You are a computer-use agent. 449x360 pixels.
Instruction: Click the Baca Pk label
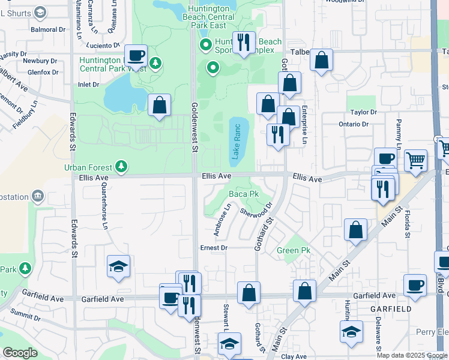coord(244,194)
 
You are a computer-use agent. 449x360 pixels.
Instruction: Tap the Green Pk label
coord(294,250)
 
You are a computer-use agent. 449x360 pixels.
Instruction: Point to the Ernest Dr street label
coord(214,247)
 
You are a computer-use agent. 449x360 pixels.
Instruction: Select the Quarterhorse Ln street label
coord(103,206)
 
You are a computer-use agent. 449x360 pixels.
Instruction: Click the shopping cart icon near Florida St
coord(415,160)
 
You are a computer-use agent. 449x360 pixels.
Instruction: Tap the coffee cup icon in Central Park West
coord(136,55)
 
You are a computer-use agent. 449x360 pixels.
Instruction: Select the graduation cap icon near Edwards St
coord(118,266)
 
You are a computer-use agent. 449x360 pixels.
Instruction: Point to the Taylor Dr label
coord(363,112)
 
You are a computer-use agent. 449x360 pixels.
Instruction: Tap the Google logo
coord(20,353)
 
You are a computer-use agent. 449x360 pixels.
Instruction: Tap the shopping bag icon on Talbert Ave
coord(322,60)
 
